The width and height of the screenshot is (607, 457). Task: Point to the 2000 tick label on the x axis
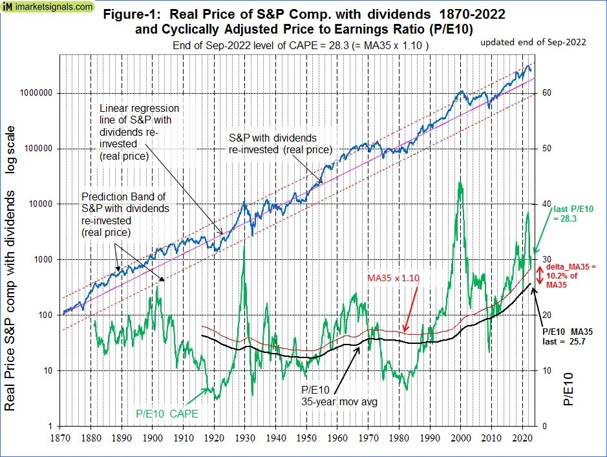460,437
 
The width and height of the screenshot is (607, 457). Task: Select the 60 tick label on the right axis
546,93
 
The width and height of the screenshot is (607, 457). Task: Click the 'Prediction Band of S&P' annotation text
125,214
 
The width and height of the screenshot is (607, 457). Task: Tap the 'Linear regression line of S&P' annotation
139,132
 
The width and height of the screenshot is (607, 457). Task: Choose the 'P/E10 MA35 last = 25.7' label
566,336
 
